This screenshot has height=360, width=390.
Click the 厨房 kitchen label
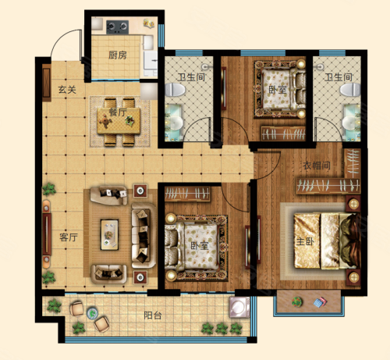[x=118, y=55]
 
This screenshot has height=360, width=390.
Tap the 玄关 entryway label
[x=67, y=90]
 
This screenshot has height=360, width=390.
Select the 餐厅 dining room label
[x=118, y=112]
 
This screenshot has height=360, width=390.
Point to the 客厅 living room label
[x=69, y=237]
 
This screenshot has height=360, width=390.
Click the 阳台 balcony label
[x=153, y=315]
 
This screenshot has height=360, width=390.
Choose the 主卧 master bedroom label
[x=305, y=241]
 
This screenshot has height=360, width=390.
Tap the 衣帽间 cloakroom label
[x=317, y=166]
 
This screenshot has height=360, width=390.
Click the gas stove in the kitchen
[x=118, y=27]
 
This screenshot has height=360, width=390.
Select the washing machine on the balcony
[x=239, y=308]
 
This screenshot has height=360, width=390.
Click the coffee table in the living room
[x=109, y=235]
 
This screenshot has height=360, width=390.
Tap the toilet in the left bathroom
[x=175, y=90]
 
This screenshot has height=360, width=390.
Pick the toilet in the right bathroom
[x=350, y=90]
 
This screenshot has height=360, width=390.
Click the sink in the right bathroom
[x=352, y=123]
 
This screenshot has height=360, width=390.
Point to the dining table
[x=119, y=121]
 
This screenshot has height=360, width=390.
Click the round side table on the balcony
[x=92, y=313]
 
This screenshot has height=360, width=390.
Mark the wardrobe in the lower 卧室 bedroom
[x=187, y=194]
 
